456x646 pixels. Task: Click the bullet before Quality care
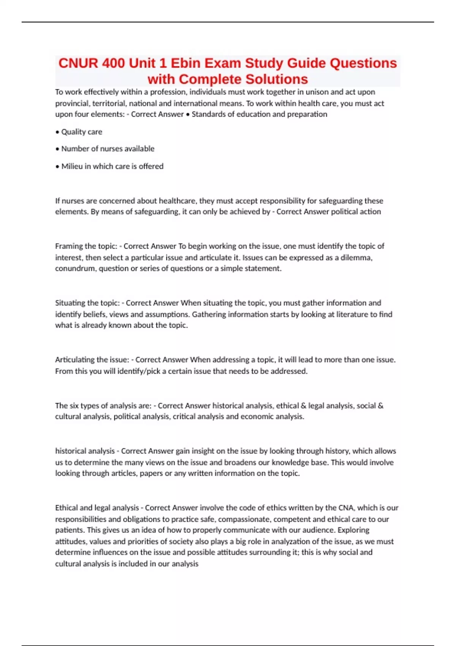point(57,132)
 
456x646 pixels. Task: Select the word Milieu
point(72,166)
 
